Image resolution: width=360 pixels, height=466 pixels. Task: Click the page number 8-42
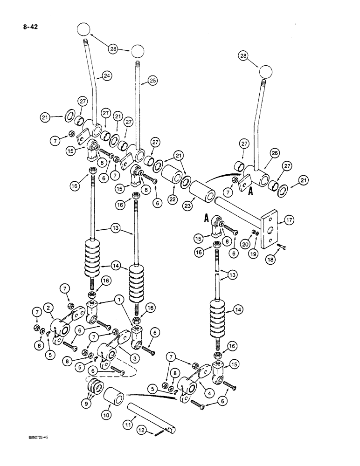[x=30, y=27]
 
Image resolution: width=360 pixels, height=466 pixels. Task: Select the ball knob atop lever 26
[x=265, y=71]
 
